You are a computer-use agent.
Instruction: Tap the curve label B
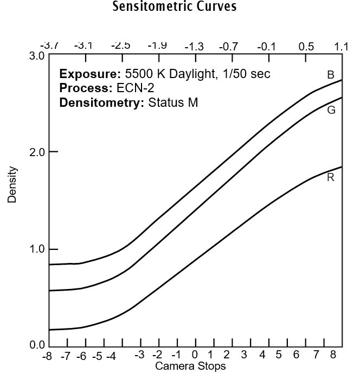click(331, 75)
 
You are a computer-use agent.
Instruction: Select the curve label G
click(331, 110)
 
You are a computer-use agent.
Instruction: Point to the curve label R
click(331, 177)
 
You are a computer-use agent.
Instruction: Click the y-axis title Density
click(12, 185)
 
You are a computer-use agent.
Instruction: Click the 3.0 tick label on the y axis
click(36, 56)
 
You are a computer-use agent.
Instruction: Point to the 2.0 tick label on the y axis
click(36, 152)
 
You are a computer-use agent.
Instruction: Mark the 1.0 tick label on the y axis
click(36, 249)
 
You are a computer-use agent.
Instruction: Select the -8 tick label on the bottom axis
click(48, 356)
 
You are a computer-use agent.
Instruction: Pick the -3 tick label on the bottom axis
click(140, 356)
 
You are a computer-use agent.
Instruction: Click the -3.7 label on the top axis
click(49, 46)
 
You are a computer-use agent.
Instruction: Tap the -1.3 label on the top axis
click(194, 46)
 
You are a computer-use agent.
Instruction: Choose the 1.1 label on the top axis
click(342, 46)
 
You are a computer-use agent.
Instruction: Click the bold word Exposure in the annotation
click(82, 74)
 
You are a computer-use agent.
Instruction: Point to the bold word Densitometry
click(101, 102)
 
